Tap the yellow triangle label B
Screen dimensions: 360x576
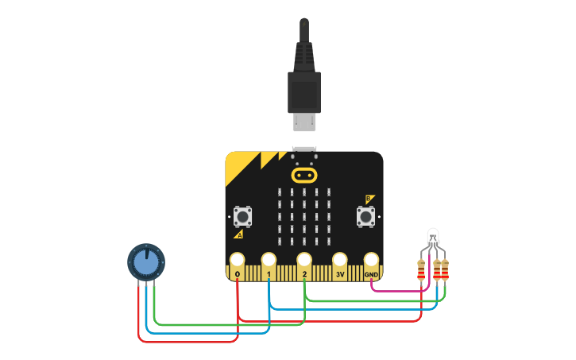[369, 199]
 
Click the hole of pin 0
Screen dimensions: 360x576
[237, 260]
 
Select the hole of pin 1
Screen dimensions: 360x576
[269, 260]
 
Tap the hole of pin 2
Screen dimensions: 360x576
[304, 260]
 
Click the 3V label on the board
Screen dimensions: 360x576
[339, 274]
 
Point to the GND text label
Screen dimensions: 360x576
[372, 275]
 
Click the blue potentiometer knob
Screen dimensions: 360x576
[145, 261]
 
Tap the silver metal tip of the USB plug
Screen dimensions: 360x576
[303, 122]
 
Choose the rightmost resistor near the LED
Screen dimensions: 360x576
[445, 270]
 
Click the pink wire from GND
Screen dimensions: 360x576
[397, 291]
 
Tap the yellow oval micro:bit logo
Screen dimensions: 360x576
[304, 174]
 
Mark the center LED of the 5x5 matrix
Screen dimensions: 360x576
[304, 217]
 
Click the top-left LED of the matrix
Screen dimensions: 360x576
[280, 193]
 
